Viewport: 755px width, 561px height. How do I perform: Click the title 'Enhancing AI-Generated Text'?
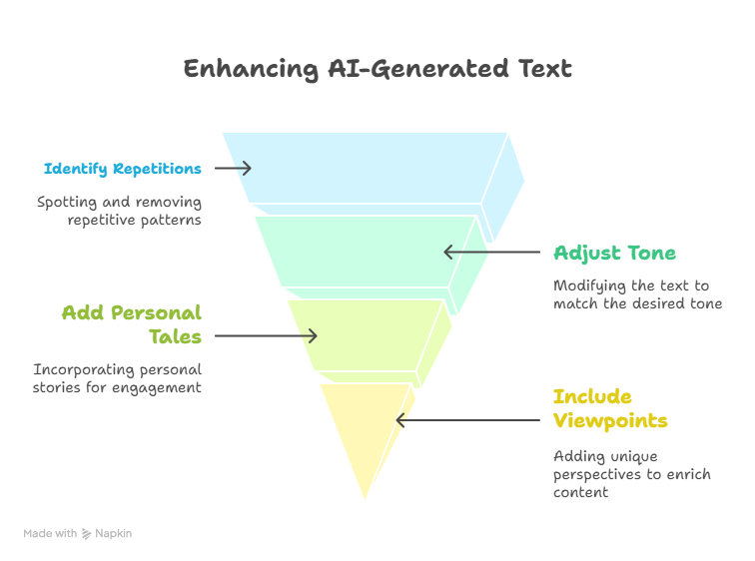(x=377, y=69)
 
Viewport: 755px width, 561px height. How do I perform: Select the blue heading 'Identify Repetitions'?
(x=122, y=169)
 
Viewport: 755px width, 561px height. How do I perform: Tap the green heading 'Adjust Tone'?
(x=614, y=254)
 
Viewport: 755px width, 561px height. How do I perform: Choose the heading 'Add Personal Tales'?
(x=132, y=324)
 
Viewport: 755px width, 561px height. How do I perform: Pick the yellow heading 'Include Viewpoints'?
(x=610, y=408)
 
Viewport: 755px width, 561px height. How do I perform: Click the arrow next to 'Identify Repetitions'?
(x=233, y=169)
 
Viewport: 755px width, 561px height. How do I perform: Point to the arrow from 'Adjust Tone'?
(x=491, y=252)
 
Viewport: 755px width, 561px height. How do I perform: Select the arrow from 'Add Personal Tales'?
(x=266, y=335)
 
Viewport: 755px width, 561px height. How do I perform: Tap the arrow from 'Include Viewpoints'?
(x=467, y=420)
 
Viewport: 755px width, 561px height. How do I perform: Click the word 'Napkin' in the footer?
(x=113, y=534)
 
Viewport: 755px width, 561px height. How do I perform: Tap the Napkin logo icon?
(x=86, y=534)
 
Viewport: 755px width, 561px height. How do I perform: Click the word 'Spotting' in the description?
(x=67, y=202)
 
